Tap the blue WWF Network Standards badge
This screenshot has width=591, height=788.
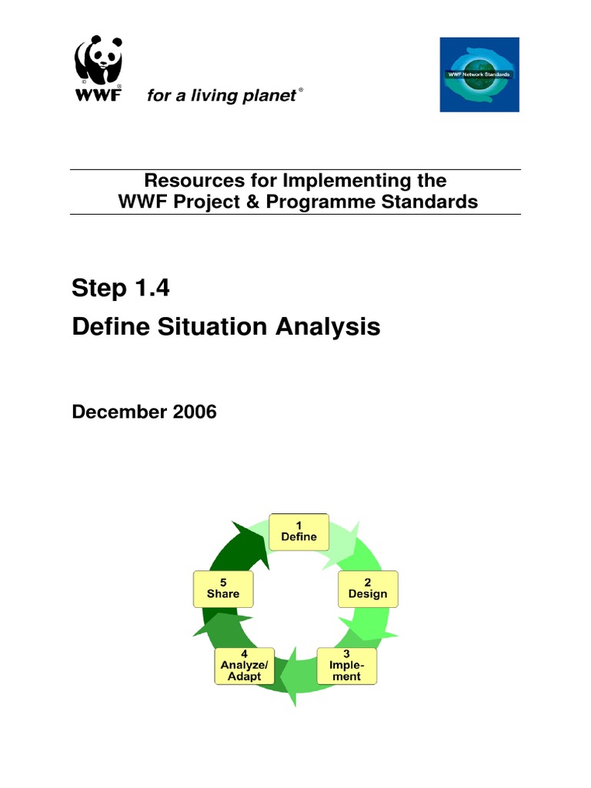(x=479, y=75)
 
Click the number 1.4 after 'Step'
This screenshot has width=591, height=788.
(x=151, y=289)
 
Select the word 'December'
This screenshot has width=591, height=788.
(x=119, y=412)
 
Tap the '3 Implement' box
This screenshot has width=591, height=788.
(x=347, y=665)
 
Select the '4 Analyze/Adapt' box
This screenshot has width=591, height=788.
(x=245, y=665)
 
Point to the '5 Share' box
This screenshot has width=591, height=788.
(x=223, y=588)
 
